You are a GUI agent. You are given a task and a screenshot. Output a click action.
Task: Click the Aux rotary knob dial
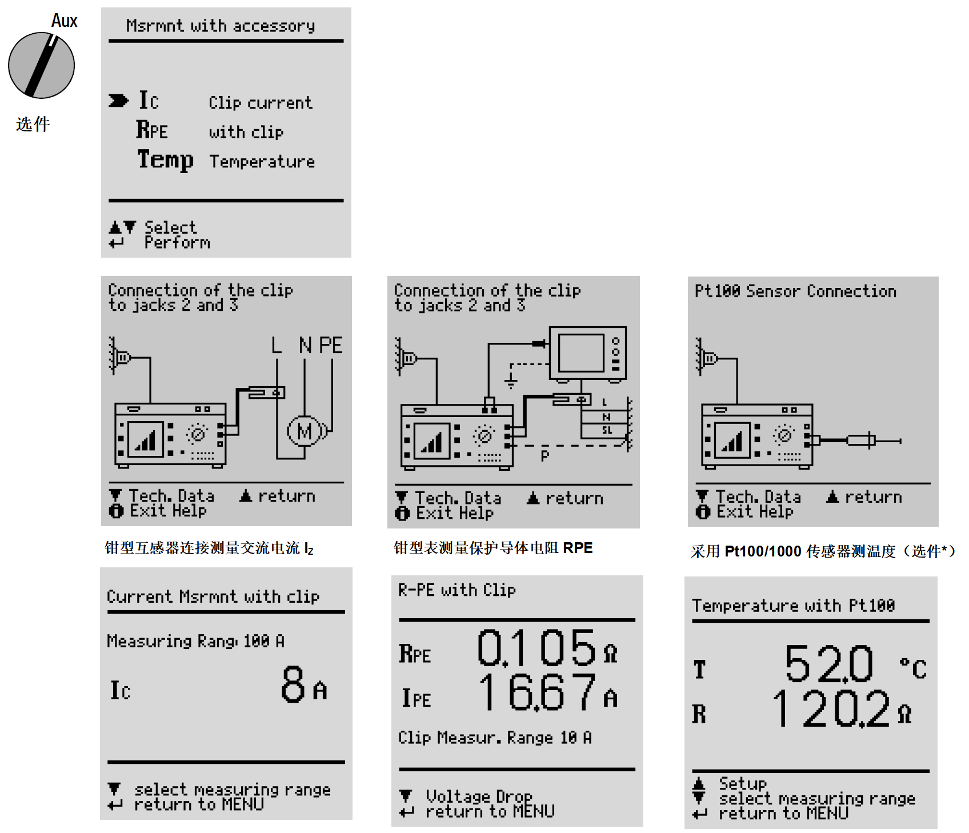click(x=41, y=65)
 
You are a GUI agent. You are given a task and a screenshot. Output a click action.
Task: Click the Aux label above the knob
click(x=64, y=21)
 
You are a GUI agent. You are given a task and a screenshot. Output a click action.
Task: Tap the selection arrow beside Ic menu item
click(x=118, y=101)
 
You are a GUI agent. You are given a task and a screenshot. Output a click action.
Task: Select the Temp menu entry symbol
click(x=165, y=159)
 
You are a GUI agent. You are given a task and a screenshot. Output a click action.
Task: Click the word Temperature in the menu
click(x=262, y=162)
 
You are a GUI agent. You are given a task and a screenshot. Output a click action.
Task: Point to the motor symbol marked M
click(x=306, y=431)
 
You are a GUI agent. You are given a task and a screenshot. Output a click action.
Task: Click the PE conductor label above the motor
click(x=330, y=345)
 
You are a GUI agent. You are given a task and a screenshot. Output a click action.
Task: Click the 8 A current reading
click(x=303, y=684)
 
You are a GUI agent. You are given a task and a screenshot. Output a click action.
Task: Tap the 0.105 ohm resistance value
click(x=547, y=648)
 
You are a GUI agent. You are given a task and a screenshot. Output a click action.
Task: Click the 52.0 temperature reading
click(x=828, y=664)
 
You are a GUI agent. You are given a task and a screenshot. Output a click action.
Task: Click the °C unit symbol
click(x=913, y=668)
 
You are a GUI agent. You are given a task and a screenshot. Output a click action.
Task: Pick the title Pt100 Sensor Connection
click(x=795, y=291)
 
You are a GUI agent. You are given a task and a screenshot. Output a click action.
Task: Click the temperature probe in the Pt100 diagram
click(x=860, y=440)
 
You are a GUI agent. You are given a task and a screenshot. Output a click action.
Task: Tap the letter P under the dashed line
click(x=544, y=456)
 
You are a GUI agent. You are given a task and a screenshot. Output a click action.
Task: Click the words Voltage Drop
click(x=479, y=796)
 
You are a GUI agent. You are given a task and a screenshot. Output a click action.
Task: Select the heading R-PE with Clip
click(x=457, y=590)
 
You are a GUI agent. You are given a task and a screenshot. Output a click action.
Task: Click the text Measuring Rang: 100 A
click(x=195, y=642)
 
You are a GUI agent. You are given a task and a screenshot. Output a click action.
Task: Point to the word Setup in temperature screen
click(x=743, y=783)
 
